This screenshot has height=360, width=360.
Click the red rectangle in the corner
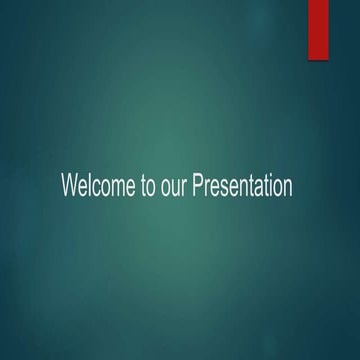click(x=318, y=29)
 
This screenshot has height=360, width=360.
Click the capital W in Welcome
click(x=69, y=186)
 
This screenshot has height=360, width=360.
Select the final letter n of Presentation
click(x=288, y=187)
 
